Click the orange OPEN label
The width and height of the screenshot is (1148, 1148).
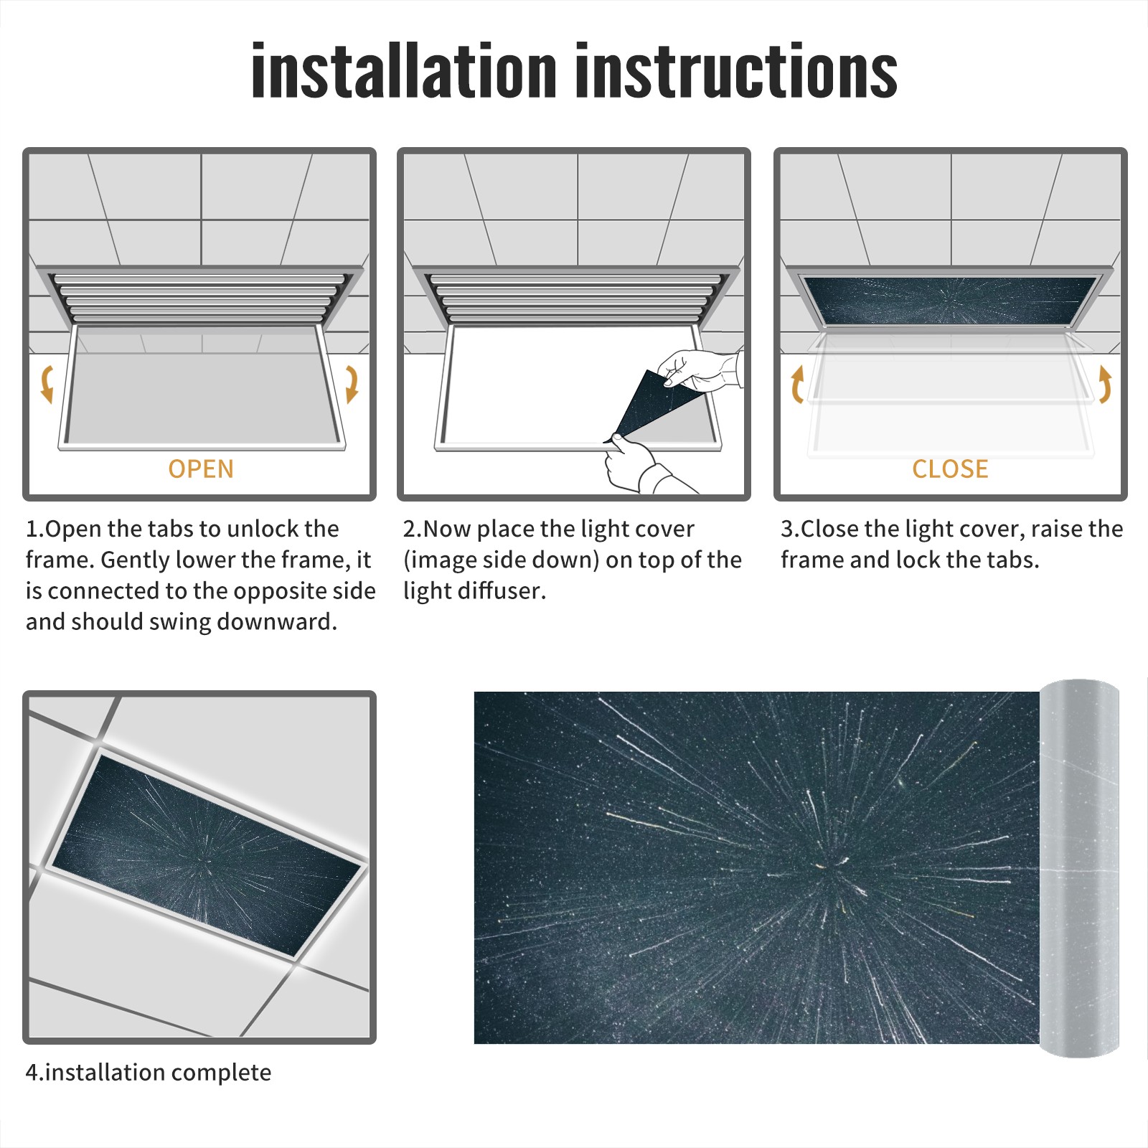click(x=201, y=469)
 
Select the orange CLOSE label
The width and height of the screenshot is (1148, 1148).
click(x=950, y=469)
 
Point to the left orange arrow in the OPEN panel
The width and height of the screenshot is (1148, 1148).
click(x=47, y=384)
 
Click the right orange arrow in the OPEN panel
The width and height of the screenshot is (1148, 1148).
click(x=352, y=384)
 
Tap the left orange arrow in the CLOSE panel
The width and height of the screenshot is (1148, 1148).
click(x=797, y=384)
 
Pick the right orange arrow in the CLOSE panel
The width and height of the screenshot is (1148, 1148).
click(x=1105, y=384)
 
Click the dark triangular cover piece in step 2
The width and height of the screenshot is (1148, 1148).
click(x=642, y=405)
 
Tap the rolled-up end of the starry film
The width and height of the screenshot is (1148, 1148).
click(x=1079, y=868)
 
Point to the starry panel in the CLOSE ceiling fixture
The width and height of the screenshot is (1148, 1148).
click(x=950, y=300)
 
